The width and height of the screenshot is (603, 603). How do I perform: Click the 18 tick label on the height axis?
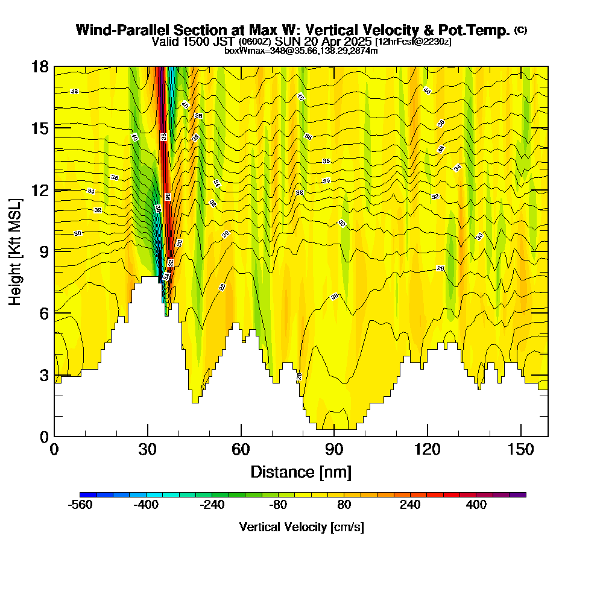[x=40, y=66]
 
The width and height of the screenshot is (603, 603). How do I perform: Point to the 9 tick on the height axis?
[x=54, y=251]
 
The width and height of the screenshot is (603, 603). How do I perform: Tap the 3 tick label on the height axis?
[x=43, y=375]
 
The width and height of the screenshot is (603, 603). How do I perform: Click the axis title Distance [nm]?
[x=301, y=472]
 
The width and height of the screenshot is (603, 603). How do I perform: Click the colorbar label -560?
[x=81, y=505]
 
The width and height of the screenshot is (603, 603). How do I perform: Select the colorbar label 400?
[x=476, y=505]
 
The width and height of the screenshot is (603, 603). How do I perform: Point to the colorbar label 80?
[x=344, y=505]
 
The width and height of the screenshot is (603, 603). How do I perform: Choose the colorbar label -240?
[x=212, y=505]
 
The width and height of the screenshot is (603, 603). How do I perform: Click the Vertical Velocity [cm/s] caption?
[x=301, y=527]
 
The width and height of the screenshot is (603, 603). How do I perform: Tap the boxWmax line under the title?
[x=301, y=51]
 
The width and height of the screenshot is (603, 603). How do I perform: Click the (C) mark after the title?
[x=520, y=30]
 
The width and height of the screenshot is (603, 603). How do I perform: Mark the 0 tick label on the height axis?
[x=43, y=436]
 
